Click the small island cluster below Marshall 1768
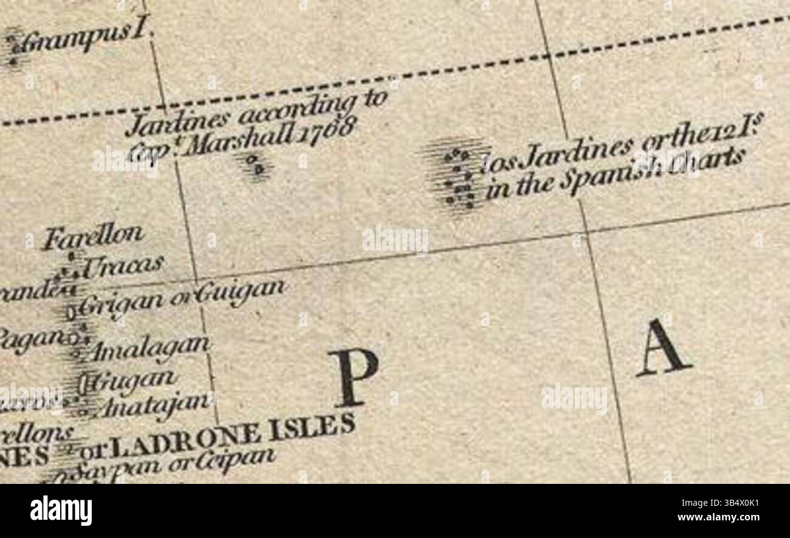(256, 165)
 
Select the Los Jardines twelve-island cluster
(459, 176)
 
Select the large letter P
(352, 377)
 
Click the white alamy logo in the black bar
(61, 511)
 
